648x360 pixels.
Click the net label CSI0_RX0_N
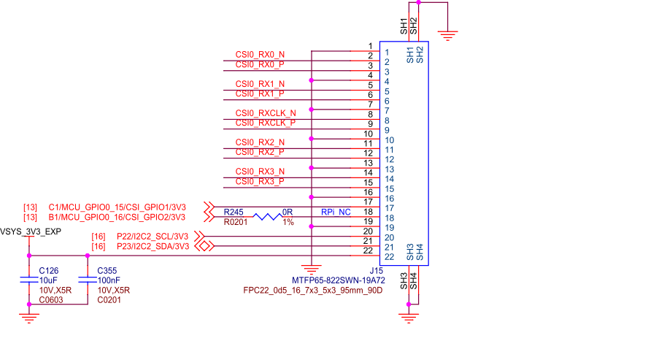(260, 55)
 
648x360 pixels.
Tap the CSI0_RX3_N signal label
(260, 172)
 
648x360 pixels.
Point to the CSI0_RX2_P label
(260, 152)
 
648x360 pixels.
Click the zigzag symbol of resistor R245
(267, 217)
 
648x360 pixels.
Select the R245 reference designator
(234, 212)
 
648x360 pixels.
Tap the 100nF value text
(109, 280)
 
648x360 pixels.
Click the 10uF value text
(48, 280)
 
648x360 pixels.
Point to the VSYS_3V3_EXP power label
(30, 231)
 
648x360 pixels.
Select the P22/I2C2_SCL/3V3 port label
(152, 237)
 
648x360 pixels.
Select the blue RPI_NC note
(336, 212)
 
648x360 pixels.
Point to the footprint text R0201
(236, 221)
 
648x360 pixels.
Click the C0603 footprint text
(51, 299)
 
